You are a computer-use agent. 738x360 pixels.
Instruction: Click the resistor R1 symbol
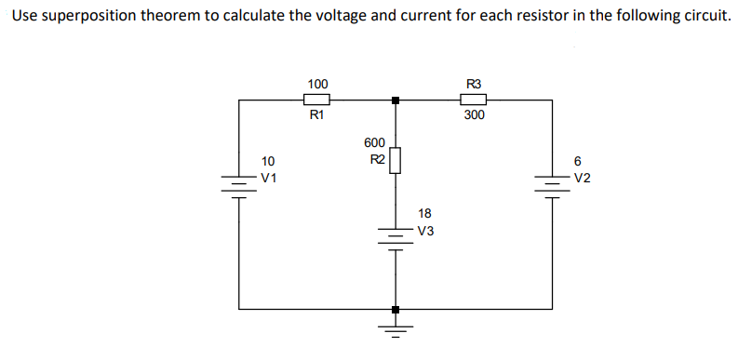click(316, 100)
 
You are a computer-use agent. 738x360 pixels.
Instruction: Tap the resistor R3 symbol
click(473, 100)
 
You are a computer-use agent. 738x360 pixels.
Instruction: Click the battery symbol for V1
click(239, 185)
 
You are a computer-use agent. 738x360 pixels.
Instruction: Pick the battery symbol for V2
click(551, 185)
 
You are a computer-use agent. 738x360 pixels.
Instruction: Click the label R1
click(316, 116)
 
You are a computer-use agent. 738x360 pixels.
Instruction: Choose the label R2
click(377, 159)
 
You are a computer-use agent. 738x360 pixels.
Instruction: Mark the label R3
click(473, 84)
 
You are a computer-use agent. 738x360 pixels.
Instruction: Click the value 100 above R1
click(316, 84)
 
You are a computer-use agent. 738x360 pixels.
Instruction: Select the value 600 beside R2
click(373, 143)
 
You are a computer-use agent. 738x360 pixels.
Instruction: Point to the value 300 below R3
click(473, 116)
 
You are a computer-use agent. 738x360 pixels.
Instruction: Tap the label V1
click(269, 177)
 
